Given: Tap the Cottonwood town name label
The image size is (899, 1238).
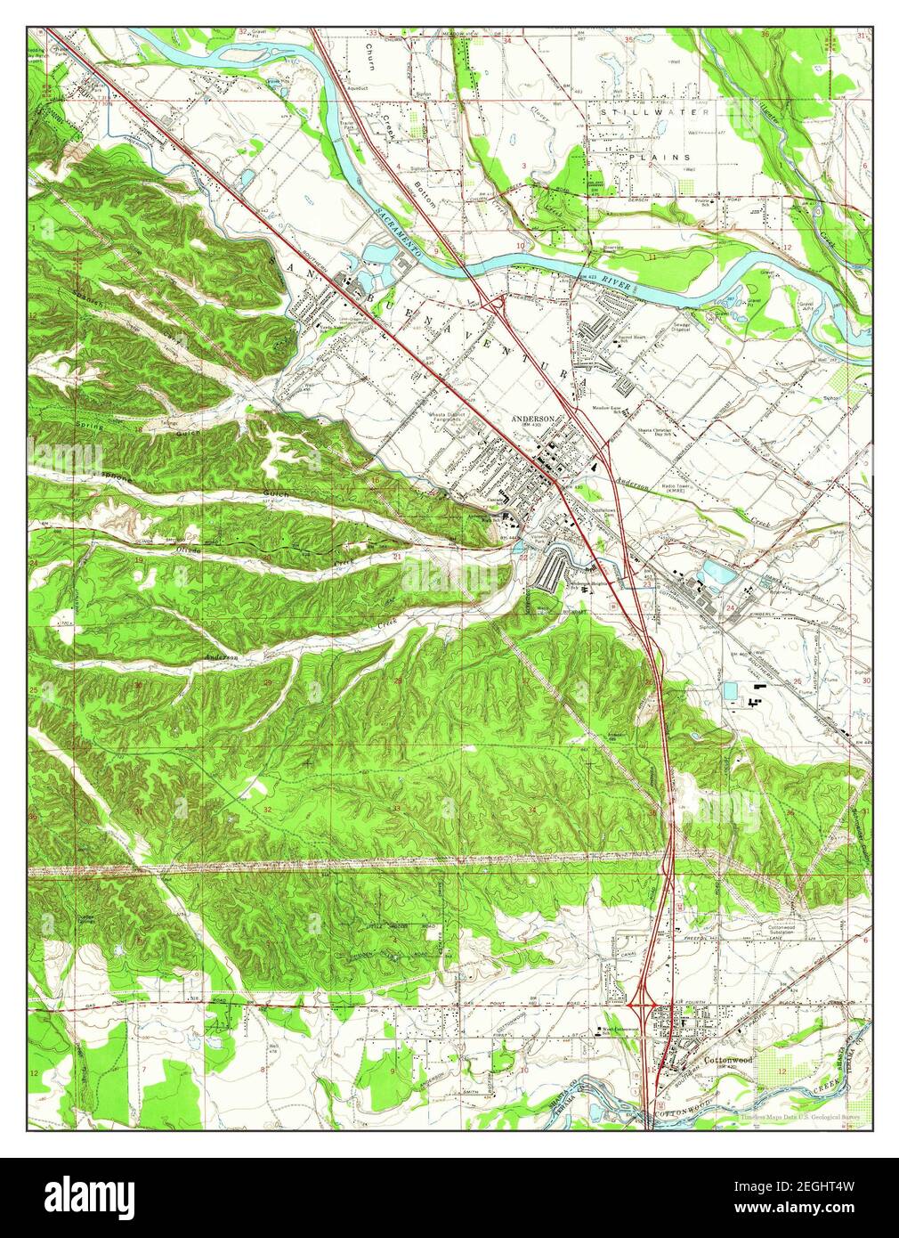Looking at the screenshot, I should pyautogui.click(x=729, y=1061).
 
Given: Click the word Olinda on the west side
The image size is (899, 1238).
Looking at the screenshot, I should pyautogui.click(x=188, y=550).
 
